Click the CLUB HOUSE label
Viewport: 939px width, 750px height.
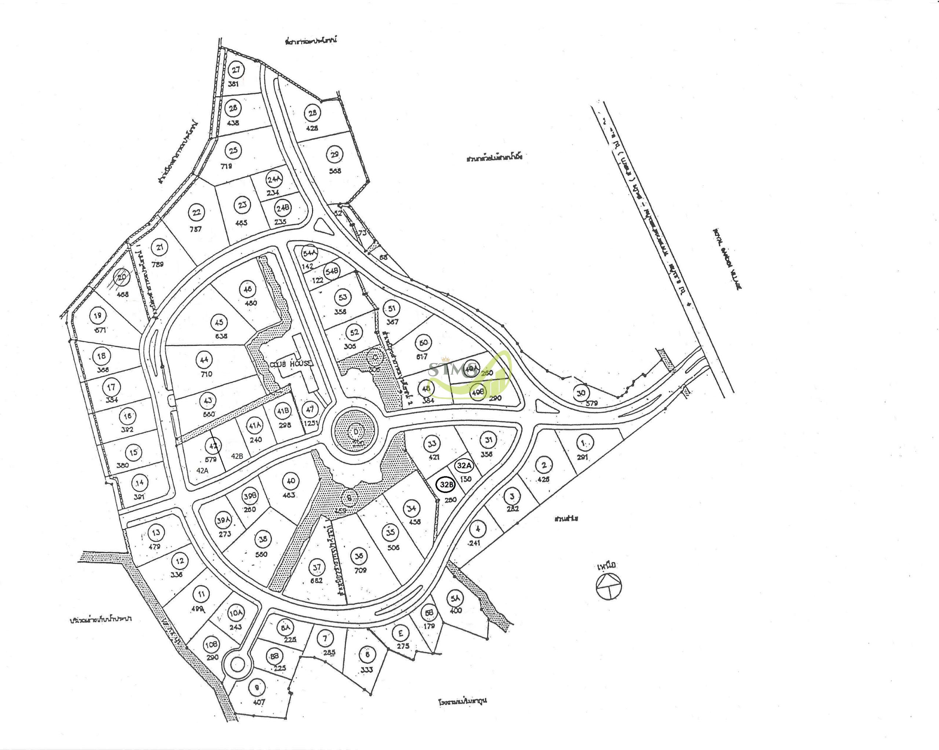click(x=291, y=364)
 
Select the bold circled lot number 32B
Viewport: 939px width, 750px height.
click(x=446, y=485)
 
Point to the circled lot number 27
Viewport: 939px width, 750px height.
click(x=235, y=70)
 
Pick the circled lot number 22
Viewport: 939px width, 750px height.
click(x=197, y=213)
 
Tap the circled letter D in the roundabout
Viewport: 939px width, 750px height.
click(x=355, y=432)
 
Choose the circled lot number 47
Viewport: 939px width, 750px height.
click(x=310, y=409)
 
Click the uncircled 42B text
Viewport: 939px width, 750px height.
click(x=237, y=456)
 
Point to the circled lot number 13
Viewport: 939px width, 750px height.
click(x=156, y=532)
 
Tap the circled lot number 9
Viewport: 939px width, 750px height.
click(x=257, y=688)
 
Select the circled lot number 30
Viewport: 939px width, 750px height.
click(x=581, y=393)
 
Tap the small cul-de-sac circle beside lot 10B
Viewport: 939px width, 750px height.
click(x=237, y=665)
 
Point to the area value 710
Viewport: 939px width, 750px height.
click(x=206, y=374)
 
